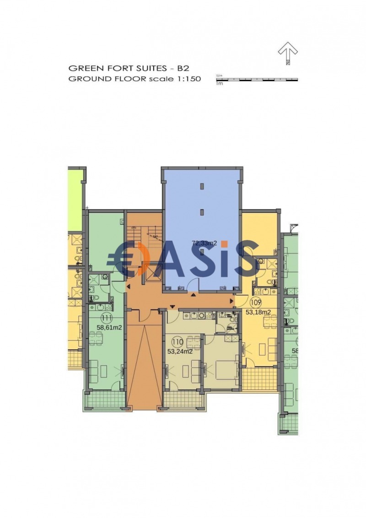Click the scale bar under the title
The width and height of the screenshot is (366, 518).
click(x=257, y=80)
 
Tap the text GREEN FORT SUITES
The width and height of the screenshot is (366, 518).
click(x=117, y=68)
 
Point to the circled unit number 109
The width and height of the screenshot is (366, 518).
click(x=256, y=302)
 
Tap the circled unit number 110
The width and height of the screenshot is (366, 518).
click(x=178, y=341)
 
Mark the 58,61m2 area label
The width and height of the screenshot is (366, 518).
click(x=109, y=328)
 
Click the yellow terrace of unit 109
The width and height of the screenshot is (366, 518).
click(x=259, y=378)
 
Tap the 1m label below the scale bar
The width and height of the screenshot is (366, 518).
click(x=220, y=84)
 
